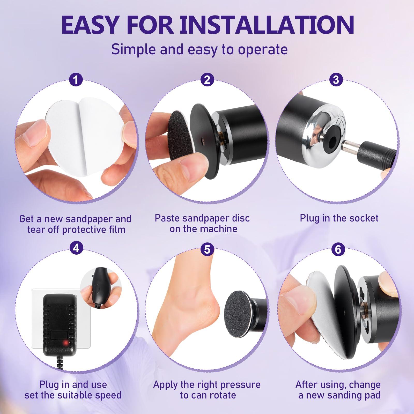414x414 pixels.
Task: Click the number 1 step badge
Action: [x=76, y=80]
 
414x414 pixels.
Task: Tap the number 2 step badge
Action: [x=207, y=80]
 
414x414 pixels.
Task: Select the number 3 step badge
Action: [x=336, y=80]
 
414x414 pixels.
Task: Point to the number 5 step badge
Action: [x=207, y=249]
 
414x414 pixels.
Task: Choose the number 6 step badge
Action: [x=338, y=249]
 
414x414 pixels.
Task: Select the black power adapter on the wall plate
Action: [x=60, y=323]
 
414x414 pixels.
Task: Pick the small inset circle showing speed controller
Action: [x=97, y=287]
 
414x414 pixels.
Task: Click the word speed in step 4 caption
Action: [x=108, y=395]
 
